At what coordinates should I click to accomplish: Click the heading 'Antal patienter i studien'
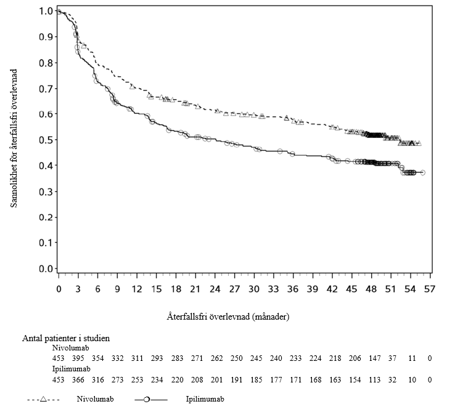pos(66,338)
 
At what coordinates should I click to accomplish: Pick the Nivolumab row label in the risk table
pos(70,347)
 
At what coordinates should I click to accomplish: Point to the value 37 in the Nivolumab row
pos(392,358)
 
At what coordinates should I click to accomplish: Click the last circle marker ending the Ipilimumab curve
pos(422,172)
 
